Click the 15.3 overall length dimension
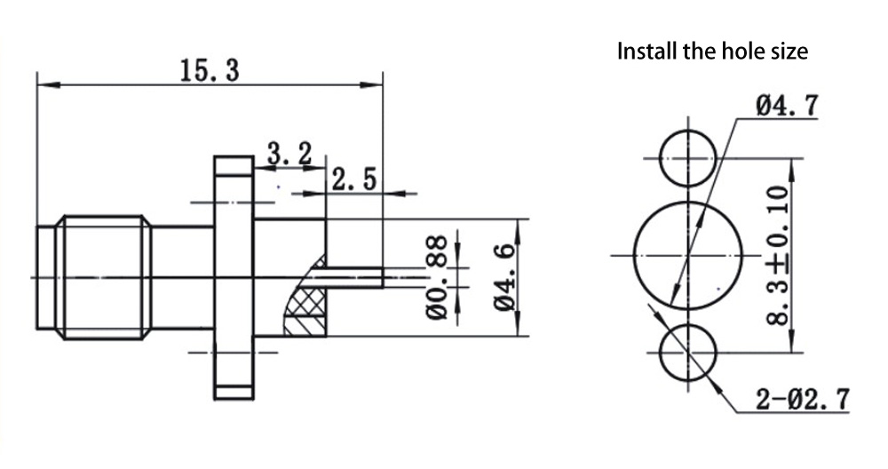point(210,70)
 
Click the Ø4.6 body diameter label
point(503,277)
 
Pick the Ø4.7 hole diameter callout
point(786,106)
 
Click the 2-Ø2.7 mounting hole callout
point(802,399)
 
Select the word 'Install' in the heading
point(646,51)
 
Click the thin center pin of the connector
point(355,276)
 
